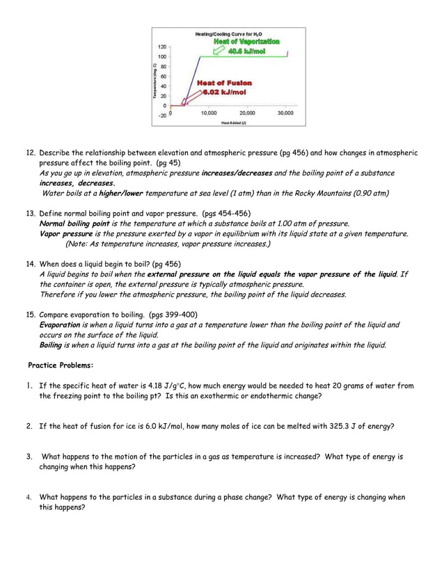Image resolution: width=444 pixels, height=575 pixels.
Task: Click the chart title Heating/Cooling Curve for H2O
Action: pos(228,34)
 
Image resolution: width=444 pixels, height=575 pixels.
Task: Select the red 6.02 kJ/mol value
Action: pos(224,92)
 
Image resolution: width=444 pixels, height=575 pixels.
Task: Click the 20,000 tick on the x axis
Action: pos(246,112)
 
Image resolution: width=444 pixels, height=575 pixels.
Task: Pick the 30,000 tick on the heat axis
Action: pos(285,112)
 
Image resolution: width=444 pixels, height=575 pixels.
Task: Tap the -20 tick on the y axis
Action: pos(161,116)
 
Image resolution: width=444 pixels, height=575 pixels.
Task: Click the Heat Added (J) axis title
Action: pos(233,123)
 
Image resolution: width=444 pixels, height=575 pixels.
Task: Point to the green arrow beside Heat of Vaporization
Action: pos(209,48)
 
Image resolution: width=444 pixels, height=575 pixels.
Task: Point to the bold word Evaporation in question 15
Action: pos(60,325)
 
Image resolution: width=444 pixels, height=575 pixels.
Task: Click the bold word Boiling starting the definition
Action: pos(51,345)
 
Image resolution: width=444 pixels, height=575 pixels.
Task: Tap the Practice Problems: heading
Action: pos(61,365)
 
